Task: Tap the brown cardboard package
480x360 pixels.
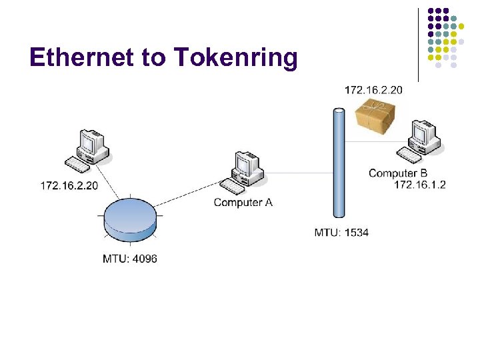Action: pos(375,116)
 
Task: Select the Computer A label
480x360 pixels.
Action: pos(243,202)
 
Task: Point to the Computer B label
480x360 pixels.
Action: pos(397,173)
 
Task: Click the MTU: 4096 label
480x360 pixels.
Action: pos(130,258)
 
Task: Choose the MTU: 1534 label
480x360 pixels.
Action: pos(341,233)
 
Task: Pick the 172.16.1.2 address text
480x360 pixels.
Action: pos(419,185)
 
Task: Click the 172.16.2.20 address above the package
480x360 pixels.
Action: pos(373,89)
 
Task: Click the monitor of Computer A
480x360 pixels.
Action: pos(245,164)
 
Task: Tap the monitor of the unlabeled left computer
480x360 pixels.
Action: pos(89,142)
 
